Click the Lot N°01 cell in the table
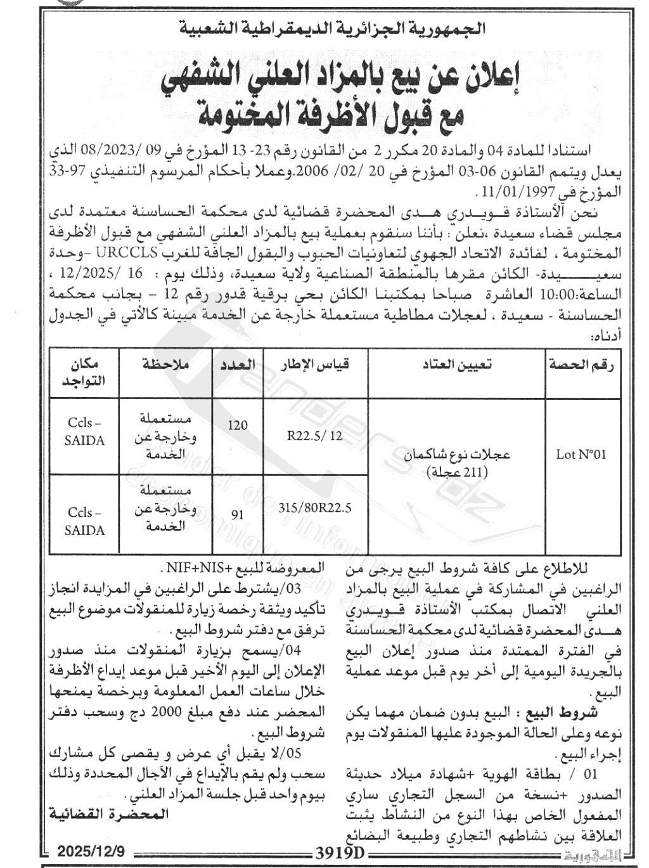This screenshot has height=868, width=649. pos(581,454)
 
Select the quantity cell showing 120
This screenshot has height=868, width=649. pos(238,425)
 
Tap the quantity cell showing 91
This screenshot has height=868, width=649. pos(238,514)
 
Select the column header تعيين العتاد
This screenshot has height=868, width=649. pos(457,365)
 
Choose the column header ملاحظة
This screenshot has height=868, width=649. pos(165,365)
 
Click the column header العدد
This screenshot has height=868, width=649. pos(237,365)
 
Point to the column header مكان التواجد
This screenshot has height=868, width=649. pos(84,372)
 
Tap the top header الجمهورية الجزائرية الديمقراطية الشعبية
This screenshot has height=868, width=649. pos(334,27)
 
